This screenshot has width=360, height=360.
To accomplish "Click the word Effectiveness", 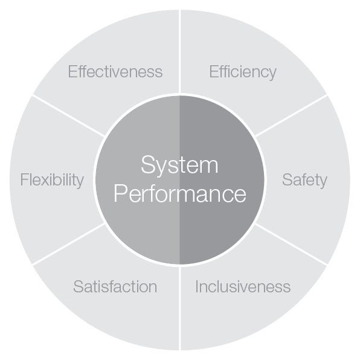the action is [x=115, y=72].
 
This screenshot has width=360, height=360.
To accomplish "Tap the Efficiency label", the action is [x=243, y=72].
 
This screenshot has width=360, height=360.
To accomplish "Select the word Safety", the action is [x=304, y=181].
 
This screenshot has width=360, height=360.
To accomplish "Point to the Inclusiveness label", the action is [x=243, y=286].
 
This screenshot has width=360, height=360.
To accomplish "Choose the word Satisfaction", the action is [x=115, y=286].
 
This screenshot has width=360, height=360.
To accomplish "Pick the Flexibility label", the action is [x=52, y=181].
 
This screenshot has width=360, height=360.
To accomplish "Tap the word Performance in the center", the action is [x=180, y=193].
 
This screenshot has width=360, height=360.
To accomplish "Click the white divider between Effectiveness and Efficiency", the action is [x=180, y=52].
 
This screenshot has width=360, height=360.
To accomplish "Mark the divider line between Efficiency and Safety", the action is [x=291, y=116].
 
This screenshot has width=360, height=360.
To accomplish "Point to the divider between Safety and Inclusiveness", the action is [x=291, y=244].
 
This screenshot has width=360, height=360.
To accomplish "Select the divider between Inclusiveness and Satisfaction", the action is [x=180, y=308].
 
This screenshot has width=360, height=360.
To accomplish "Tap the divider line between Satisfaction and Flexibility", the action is [x=69, y=244].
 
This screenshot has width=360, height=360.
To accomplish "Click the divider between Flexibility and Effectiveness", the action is [x=69, y=116].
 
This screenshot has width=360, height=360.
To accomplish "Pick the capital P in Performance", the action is [x=120, y=193].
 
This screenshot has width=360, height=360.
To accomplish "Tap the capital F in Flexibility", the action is [x=24, y=179].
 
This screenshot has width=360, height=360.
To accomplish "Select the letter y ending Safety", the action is [x=323, y=183].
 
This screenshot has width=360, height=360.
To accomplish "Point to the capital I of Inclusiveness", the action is [x=197, y=286].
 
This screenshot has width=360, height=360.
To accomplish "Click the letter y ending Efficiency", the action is [x=272, y=74].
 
